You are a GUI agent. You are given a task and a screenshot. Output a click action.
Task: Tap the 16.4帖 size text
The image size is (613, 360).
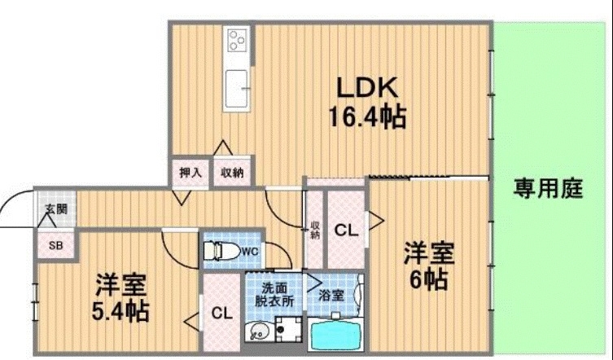[x=367, y=117]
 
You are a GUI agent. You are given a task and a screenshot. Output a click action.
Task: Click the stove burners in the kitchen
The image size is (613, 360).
[x=237, y=40]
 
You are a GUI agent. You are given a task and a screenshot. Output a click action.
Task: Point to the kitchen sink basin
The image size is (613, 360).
[x=238, y=87]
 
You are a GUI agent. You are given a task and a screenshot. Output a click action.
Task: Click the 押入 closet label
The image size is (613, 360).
[x=190, y=173]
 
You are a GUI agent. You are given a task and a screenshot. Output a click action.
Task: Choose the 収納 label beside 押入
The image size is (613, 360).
[x=232, y=173]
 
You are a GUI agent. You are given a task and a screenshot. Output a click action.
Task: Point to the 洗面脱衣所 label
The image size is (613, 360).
[x=274, y=293]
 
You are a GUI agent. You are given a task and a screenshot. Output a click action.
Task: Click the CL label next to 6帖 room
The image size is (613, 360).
[x=346, y=231]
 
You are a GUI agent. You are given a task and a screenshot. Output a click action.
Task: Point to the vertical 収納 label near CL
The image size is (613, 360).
[x=314, y=230]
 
